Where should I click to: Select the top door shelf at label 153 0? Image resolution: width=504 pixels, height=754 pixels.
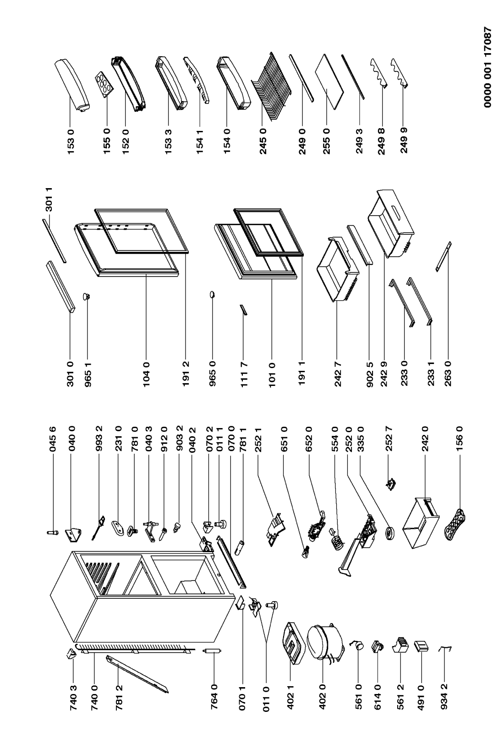coord(73,86)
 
